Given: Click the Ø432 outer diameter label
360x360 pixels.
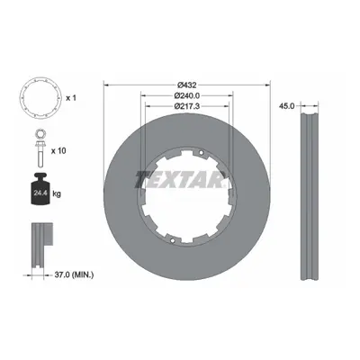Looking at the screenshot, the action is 186,85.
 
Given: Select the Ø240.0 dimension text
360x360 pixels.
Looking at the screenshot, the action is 187,95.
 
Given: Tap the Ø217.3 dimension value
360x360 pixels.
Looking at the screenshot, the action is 187,106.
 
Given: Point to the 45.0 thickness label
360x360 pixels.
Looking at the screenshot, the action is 287,105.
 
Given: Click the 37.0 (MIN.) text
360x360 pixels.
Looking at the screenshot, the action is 75,274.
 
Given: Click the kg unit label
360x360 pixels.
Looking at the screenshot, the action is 57,193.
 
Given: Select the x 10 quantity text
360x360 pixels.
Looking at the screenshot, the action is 58,150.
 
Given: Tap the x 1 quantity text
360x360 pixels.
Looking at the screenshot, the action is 71,98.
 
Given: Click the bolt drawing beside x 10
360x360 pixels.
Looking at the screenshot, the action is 40,155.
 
